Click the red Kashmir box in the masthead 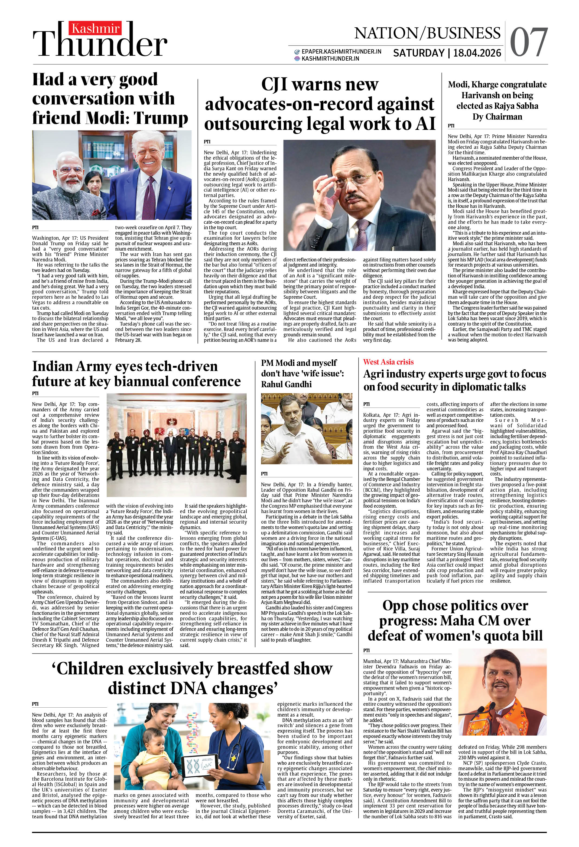click(x=96, y=28)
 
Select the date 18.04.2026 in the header click(x=477, y=53)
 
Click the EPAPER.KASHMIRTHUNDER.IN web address click(x=341, y=52)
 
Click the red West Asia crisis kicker click(x=388, y=362)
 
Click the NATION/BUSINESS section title click(x=427, y=33)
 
